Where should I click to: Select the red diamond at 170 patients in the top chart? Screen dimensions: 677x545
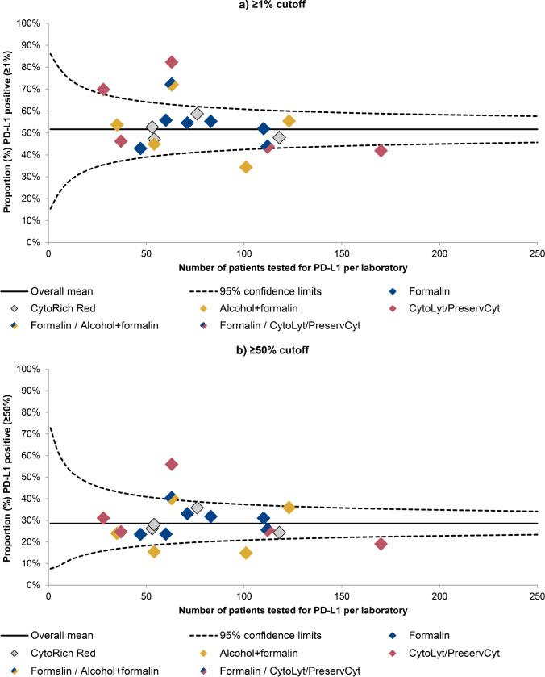coord(381,151)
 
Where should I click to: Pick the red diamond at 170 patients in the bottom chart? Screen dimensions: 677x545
coord(381,544)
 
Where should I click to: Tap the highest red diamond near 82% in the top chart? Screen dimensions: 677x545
coord(172,62)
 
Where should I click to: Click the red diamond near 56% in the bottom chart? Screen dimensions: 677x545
coord(172,464)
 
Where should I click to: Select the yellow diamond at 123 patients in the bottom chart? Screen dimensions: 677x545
coord(289,508)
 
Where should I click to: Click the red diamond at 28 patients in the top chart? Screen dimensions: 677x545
coord(103,90)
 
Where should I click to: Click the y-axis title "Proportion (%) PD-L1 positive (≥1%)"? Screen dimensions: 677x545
coord(7,132)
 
